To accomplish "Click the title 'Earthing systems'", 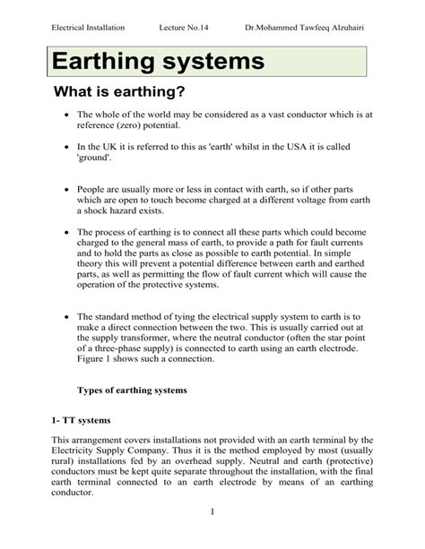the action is tap(158, 62).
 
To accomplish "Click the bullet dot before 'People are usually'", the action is tap(66, 191).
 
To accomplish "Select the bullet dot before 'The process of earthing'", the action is tap(66, 231).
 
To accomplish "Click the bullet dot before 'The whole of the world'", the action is tap(66, 116).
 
